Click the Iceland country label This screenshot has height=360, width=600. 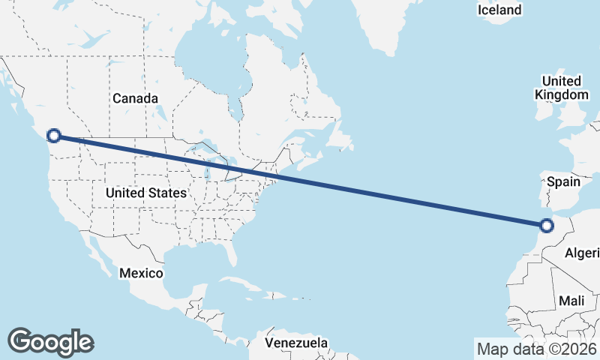[x=499, y=10]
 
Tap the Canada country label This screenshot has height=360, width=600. [x=135, y=98]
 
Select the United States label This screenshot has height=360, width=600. [x=145, y=193]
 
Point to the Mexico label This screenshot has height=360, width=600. [x=140, y=273]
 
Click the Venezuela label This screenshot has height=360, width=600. [x=296, y=343]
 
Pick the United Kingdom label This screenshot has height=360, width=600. [x=561, y=88]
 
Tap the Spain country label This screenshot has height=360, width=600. [x=564, y=181]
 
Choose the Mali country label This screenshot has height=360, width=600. [x=571, y=301]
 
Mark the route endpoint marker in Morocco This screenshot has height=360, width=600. [x=547, y=225]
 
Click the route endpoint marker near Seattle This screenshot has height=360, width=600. [x=53, y=135]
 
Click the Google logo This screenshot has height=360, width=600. [x=50, y=341]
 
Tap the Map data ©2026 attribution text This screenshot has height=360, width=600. [x=536, y=349]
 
